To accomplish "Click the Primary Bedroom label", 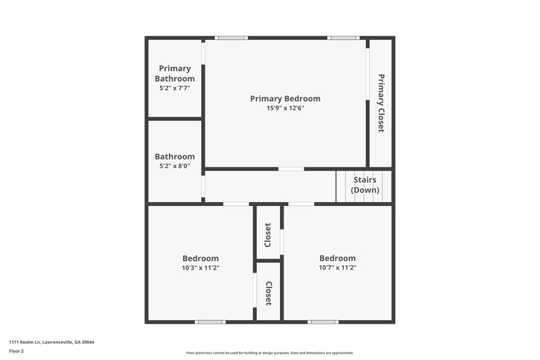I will coord(285,99).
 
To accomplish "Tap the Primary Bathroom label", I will coord(175,74).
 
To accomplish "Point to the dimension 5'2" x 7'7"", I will coord(175,88).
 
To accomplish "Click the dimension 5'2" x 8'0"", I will coord(175,166).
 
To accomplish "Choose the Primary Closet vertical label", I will coord(381,103).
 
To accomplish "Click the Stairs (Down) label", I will coord(364,185).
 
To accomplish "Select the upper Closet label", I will coord(268,234).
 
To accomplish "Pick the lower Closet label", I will coord(268,294).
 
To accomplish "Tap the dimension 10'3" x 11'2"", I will coord(200,267).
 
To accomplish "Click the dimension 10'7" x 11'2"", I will coord(337,267).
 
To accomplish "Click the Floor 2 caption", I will coord(16,351).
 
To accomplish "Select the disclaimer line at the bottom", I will coord(270,353).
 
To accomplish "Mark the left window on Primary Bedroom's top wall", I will coord(232,38).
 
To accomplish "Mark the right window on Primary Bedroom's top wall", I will coord(343,38).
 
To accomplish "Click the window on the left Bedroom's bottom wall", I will coord(210,322).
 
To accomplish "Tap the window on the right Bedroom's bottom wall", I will coord(323,322).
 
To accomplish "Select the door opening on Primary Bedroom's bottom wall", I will coord(291,168).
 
